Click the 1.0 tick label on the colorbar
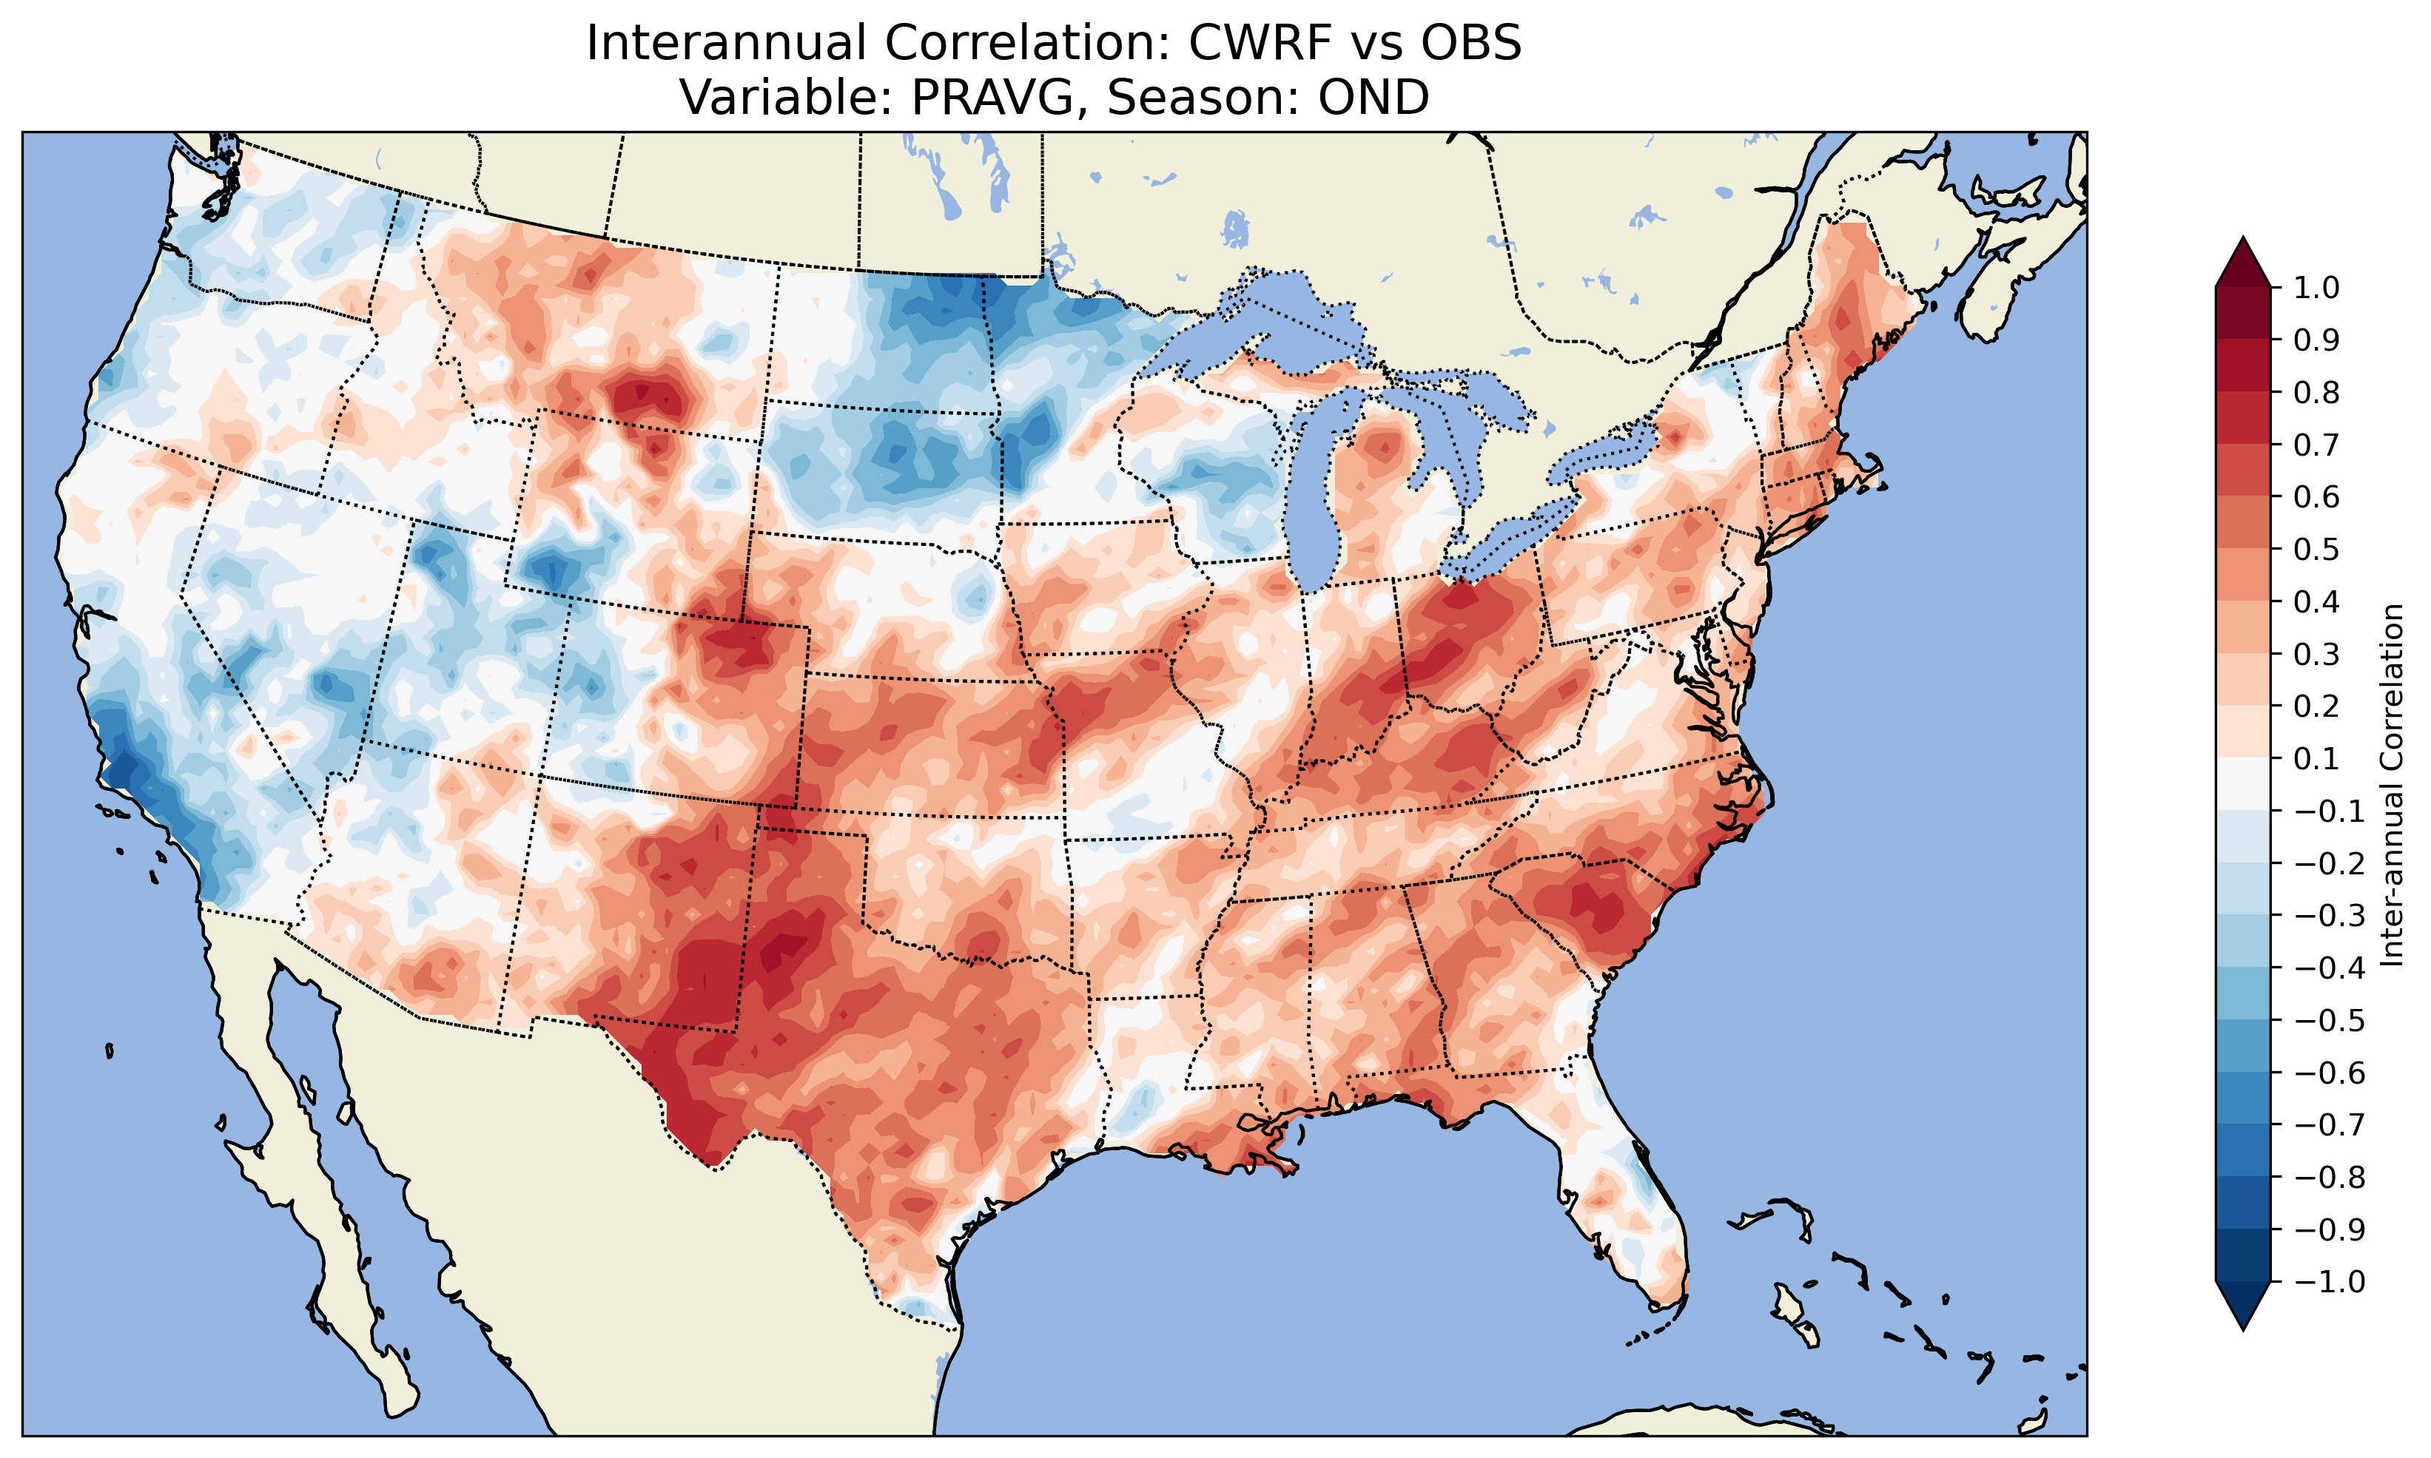point(2316,288)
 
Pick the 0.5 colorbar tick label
point(2316,549)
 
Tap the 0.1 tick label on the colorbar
point(2316,758)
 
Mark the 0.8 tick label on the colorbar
point(2316,393)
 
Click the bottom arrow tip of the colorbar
point(2242,1330)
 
